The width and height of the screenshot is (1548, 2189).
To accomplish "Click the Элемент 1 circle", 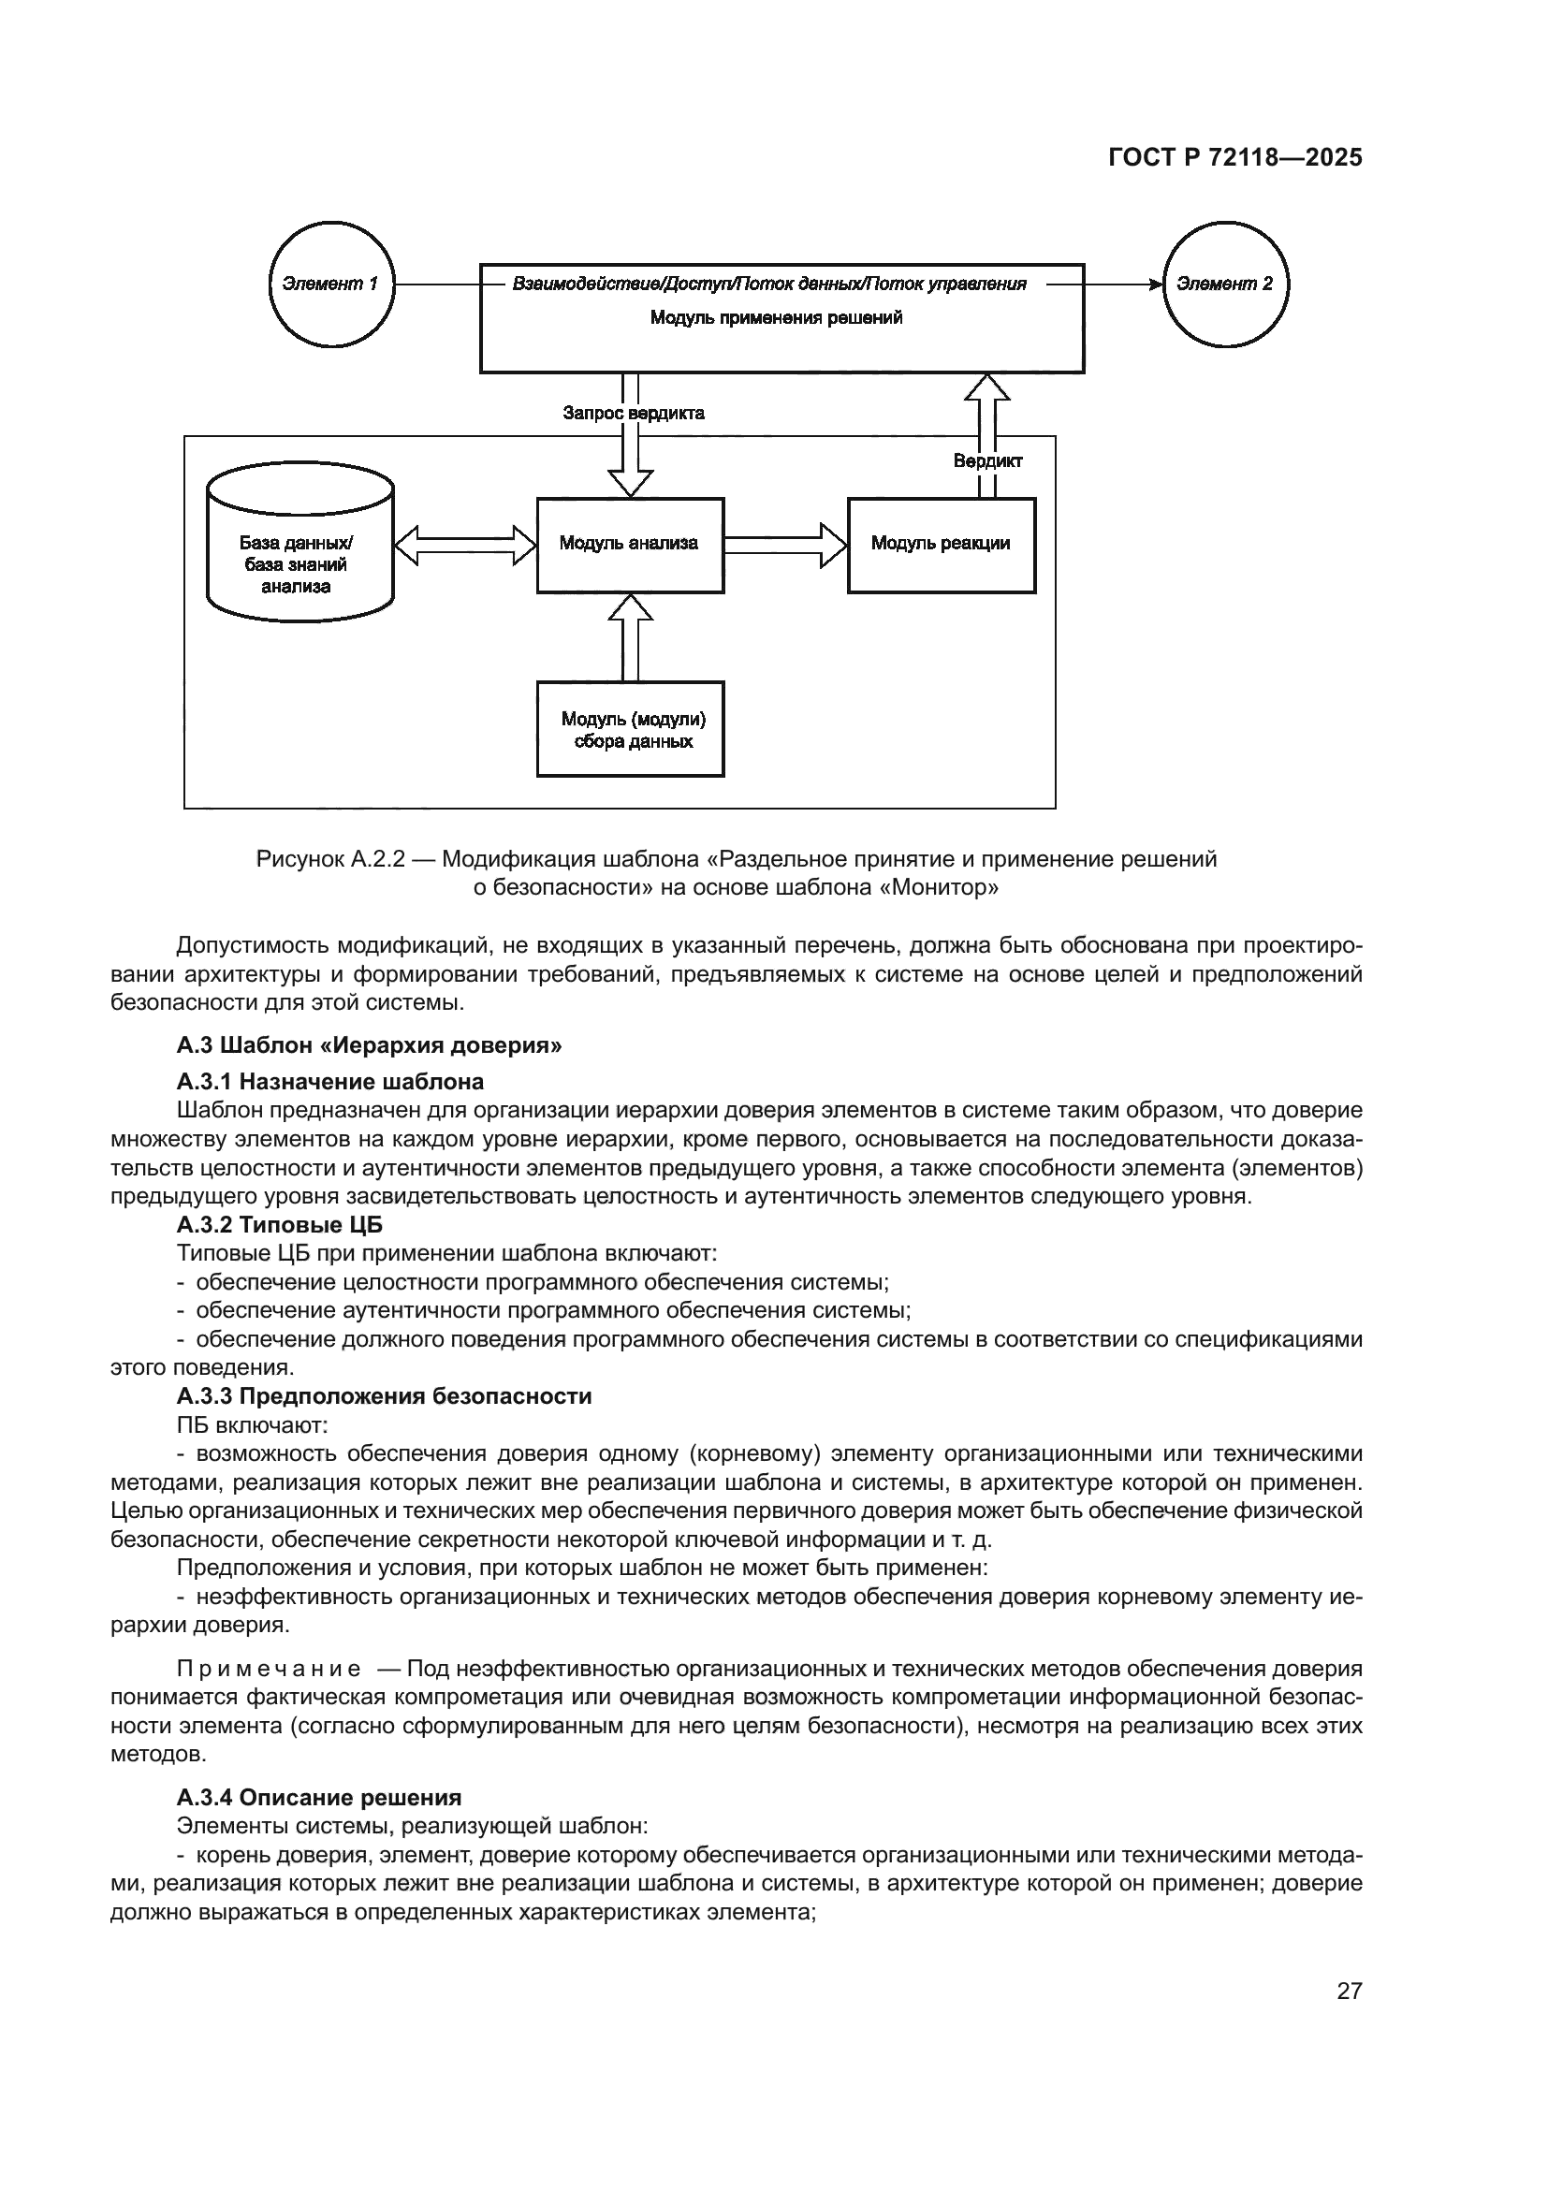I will point(330,285).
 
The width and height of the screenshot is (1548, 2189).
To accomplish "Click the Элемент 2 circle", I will point(1225,285).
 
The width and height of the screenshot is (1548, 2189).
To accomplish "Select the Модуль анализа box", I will point(630,545).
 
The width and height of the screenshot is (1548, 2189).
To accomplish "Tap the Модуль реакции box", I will point(941,545).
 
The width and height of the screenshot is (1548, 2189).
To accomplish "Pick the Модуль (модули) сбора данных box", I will point(630,729).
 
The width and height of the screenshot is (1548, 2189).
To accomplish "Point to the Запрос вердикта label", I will point(633,413).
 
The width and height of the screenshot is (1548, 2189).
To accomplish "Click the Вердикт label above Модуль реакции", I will point(987,461).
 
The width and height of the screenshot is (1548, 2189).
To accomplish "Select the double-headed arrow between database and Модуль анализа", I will point(465,546).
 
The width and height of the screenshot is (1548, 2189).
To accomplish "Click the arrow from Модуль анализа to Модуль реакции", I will point(785,546).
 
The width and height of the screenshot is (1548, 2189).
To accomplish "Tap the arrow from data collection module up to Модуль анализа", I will point(630,637).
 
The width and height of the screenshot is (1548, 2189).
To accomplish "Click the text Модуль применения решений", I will point(776,317).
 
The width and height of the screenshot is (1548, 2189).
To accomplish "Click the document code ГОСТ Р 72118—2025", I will point(1234,158).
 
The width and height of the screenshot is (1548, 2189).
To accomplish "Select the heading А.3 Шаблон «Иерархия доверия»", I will point(369,1045).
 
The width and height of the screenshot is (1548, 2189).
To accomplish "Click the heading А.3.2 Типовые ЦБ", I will point(279,1224).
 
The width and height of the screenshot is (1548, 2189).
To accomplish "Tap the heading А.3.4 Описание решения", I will point(318,1797).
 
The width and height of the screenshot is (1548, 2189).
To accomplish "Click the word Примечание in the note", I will point(269,1669).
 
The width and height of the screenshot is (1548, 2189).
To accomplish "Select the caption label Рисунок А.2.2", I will point(330,859).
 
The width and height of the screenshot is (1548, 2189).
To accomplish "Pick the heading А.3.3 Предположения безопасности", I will point(383,1395).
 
